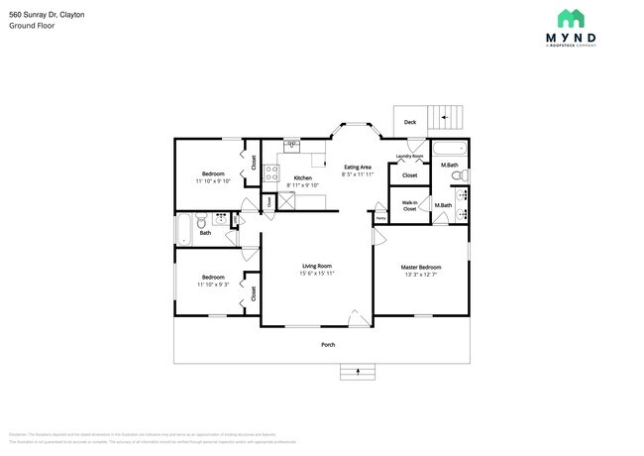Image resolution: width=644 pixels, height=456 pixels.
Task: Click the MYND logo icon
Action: (571, 18)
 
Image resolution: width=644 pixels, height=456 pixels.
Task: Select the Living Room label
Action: (316, 266)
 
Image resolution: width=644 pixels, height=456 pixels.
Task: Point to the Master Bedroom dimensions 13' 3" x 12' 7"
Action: (420, 274)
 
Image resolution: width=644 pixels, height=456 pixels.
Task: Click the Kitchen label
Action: (302, 177)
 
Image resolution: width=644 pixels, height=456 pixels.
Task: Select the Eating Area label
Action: (357, 167)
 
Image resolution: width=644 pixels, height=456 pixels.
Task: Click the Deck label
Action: (410, 123)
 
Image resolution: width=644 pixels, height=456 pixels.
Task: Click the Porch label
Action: (327, 344)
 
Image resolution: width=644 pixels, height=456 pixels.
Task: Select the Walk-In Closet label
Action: (409, 205)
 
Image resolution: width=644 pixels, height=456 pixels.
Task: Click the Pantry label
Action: (379, 219)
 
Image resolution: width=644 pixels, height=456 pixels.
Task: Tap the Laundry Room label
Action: (409, 156)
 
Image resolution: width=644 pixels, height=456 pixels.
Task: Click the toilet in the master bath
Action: (457, 175)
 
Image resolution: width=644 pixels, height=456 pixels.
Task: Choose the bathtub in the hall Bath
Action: (184, 230)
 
